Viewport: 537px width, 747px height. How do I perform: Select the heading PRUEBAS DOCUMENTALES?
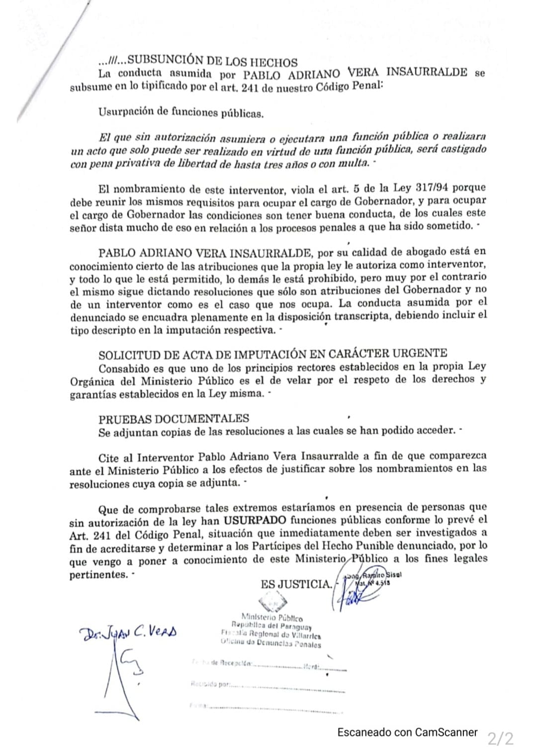tap(174, 419)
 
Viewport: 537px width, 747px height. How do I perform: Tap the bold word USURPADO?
tap(255, 521)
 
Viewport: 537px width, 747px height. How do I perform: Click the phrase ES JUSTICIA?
tap(296, 584)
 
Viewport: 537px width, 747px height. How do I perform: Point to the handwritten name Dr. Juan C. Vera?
tap(127, 633)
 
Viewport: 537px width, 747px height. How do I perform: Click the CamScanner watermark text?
tap(407, 732)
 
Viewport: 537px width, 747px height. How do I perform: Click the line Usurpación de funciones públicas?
tap(181, 113)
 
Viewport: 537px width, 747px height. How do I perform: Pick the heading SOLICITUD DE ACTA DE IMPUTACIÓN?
tap(272, 354)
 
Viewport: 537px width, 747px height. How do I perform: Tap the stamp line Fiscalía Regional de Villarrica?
tap(271, 635)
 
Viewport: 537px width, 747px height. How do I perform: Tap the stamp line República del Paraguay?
tap(271, 626)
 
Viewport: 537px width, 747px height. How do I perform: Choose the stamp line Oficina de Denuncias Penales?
tap(271, 644)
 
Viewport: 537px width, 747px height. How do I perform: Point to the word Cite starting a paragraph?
tap(109, 457)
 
